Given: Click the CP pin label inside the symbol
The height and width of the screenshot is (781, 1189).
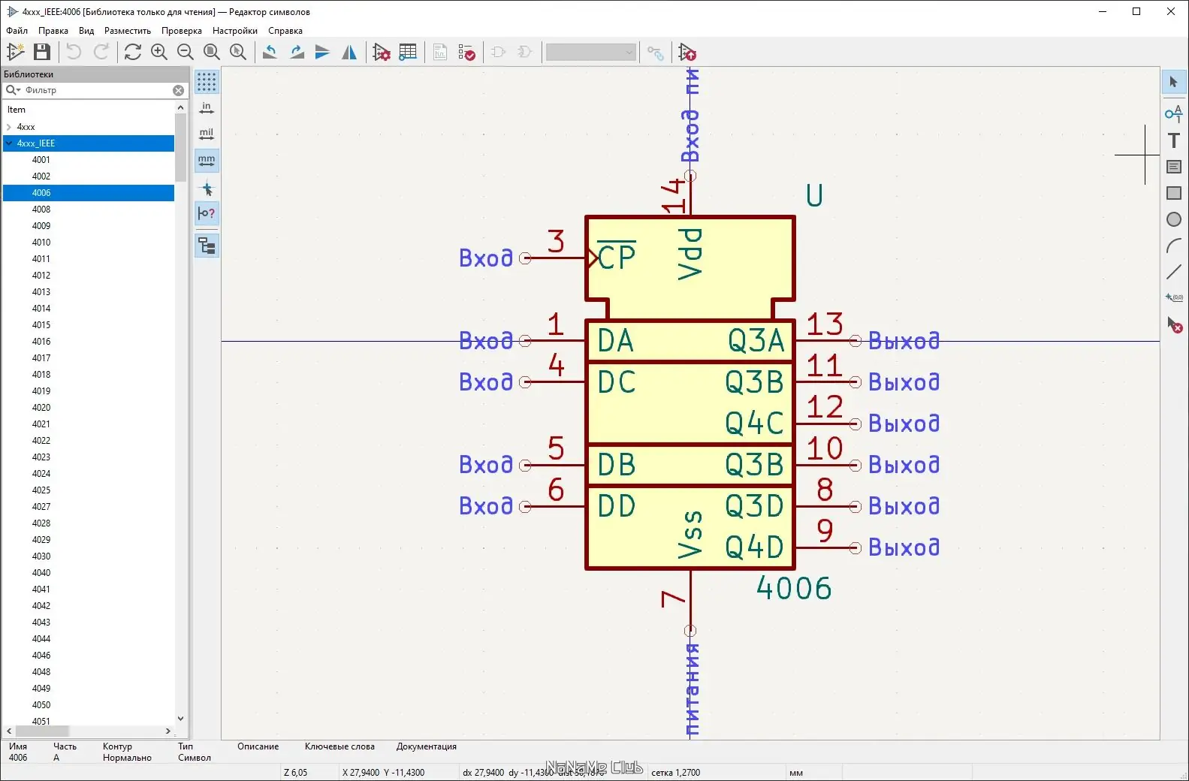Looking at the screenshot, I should pyautogui.click(x=617, y=258).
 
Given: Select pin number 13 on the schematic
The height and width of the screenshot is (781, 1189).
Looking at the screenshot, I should pyautogui.click(x=824, y=324).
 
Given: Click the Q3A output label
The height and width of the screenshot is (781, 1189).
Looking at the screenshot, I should pyautogui.click(x=756, y=341).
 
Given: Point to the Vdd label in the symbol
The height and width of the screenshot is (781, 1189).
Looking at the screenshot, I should pyautogui.click(x=690, y=255).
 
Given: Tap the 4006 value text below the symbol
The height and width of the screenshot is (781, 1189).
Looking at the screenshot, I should pyautogui.click(x=794, y=588).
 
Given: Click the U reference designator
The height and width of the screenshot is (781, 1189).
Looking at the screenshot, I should pyautogui.click(x=814, y=196).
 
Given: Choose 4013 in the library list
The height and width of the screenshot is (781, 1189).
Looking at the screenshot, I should pyautogui.click(x=41, y=292).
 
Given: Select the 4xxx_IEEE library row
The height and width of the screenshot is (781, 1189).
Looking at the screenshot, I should pyautogui.click(x=36, y=143).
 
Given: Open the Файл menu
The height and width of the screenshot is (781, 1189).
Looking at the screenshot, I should pyautogui.click(x=17, y=31).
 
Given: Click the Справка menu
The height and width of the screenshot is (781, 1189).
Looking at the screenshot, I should pyautogui.click(x=285, y=31).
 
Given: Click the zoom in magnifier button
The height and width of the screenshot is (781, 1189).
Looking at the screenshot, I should pyautogui.click(x=159, y=52).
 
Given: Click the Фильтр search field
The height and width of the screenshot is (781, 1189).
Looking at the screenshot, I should pyautogui.click(x=98, y=90).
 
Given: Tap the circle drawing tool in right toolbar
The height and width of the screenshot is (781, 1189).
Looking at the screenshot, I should pyautogui.click(x=1173, y=220).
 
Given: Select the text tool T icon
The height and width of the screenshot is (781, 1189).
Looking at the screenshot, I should pyautogui.click(x=1173, y=140).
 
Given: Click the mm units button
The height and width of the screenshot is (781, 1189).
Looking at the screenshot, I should pyautogui.click(x=207, y=160).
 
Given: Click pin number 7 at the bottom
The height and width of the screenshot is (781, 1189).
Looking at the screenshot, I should pyautogui.click(x=672, y=599).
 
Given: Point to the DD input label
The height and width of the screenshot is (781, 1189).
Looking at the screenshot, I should pyautogui.click(x=616, y=506).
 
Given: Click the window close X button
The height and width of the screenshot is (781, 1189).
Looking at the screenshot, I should pyautogui.click(x=1170, y=11).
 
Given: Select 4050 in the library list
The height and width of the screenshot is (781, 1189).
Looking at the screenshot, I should pyautogui.click(x=41, y=705).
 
